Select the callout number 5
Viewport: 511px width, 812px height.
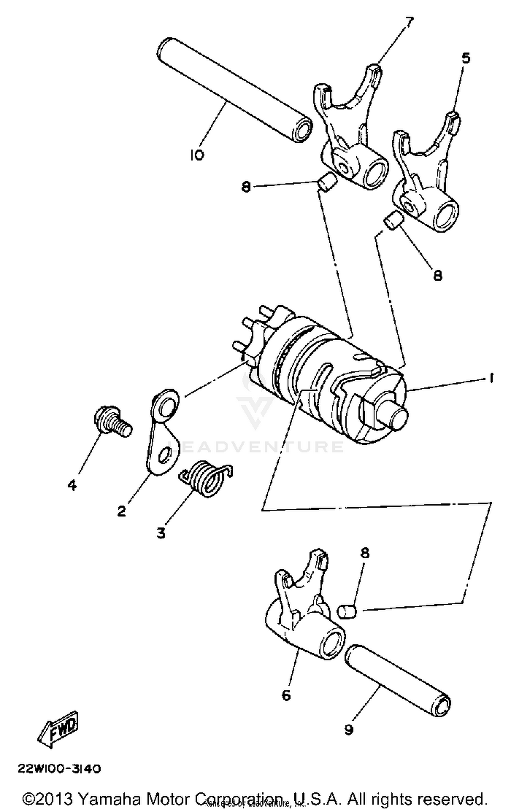[x=466, y=58]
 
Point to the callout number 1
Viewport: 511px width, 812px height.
[x=491, y=378]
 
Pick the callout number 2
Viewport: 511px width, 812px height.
[x=121, y=511]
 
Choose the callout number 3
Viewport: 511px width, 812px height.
[x=161, y=533]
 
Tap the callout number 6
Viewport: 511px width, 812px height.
[x=286, y=695]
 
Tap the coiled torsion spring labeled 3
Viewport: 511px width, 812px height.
[x=205, y=478]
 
